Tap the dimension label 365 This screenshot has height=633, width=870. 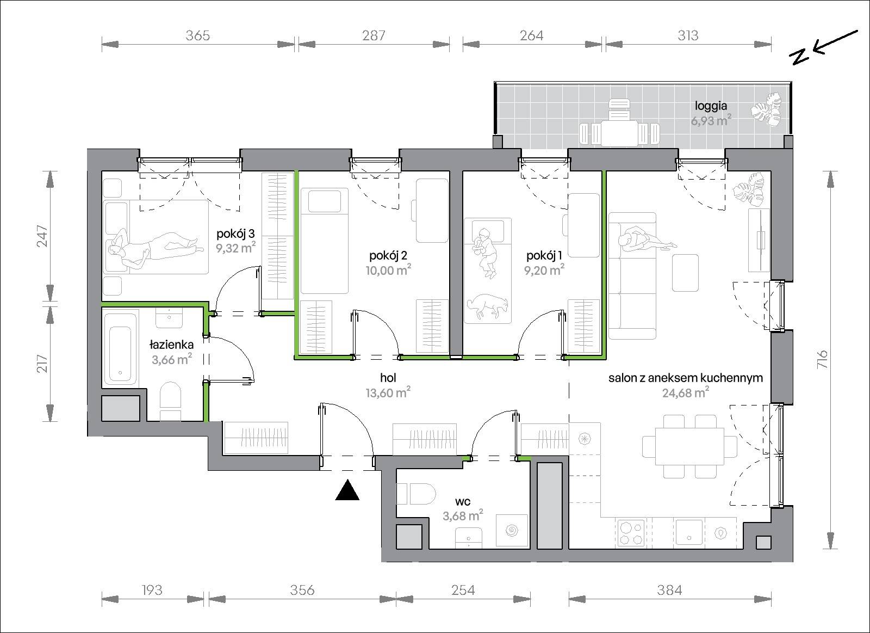[198, 36]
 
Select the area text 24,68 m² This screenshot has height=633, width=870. [686, 393]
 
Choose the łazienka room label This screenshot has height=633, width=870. [171, 345]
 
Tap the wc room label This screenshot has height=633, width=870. [463, 502]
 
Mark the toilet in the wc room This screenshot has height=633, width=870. [416, 495]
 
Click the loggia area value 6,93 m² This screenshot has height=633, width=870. [711, 120]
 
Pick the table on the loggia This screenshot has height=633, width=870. [619, 133]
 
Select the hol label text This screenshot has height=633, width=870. [388, 378]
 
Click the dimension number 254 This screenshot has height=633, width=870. [463, 591]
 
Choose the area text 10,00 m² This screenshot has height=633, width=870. [388, 270]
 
